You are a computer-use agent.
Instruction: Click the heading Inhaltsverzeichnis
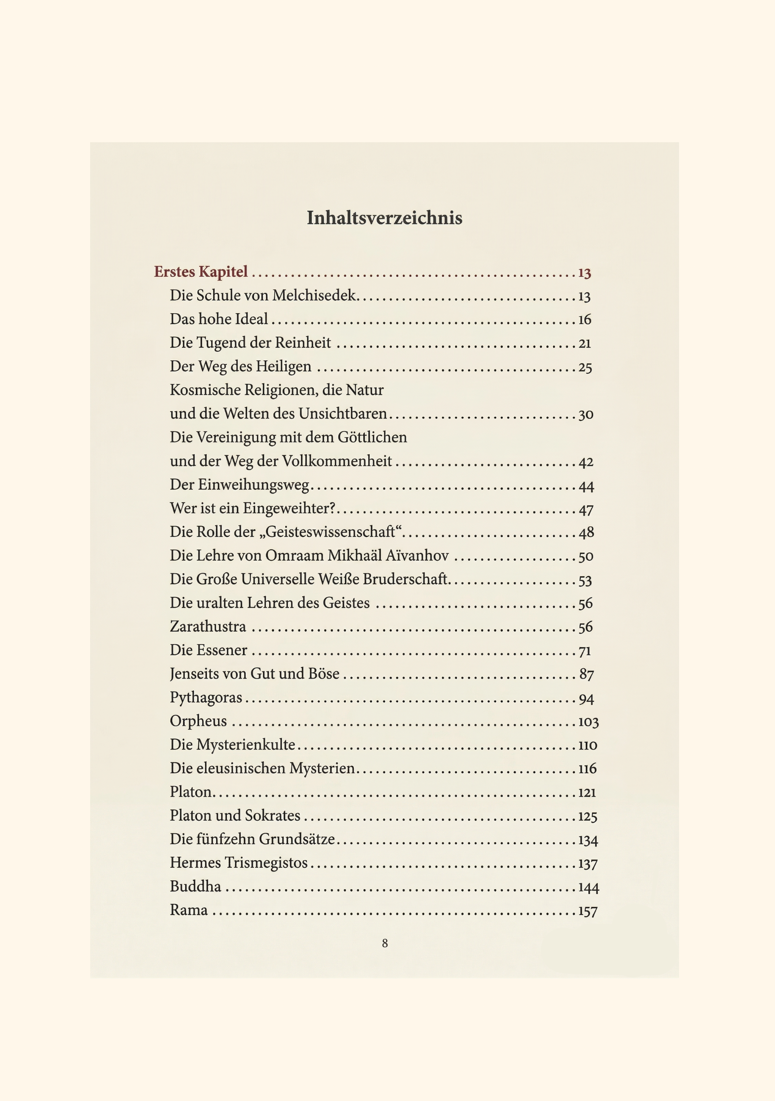pos(384,218)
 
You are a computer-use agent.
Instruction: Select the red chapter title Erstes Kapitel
pos(201,272)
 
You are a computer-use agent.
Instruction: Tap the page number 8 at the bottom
pos(385,943)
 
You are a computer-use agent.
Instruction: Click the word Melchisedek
pos(314,295)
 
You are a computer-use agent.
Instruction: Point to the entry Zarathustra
pos(208,627)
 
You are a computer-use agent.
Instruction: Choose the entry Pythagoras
pos(206,698)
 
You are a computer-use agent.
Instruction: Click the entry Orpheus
pos(198,721)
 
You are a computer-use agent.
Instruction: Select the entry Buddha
pos(196,887)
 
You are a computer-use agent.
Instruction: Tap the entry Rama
pos(189,910)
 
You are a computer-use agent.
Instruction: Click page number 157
pos(588,911)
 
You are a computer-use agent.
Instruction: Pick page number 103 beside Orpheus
pos(588,722)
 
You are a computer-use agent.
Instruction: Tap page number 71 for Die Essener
pos(585,651)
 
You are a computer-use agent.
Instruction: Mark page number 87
pos(587,675)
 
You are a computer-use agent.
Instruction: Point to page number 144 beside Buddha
pos(588,887)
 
